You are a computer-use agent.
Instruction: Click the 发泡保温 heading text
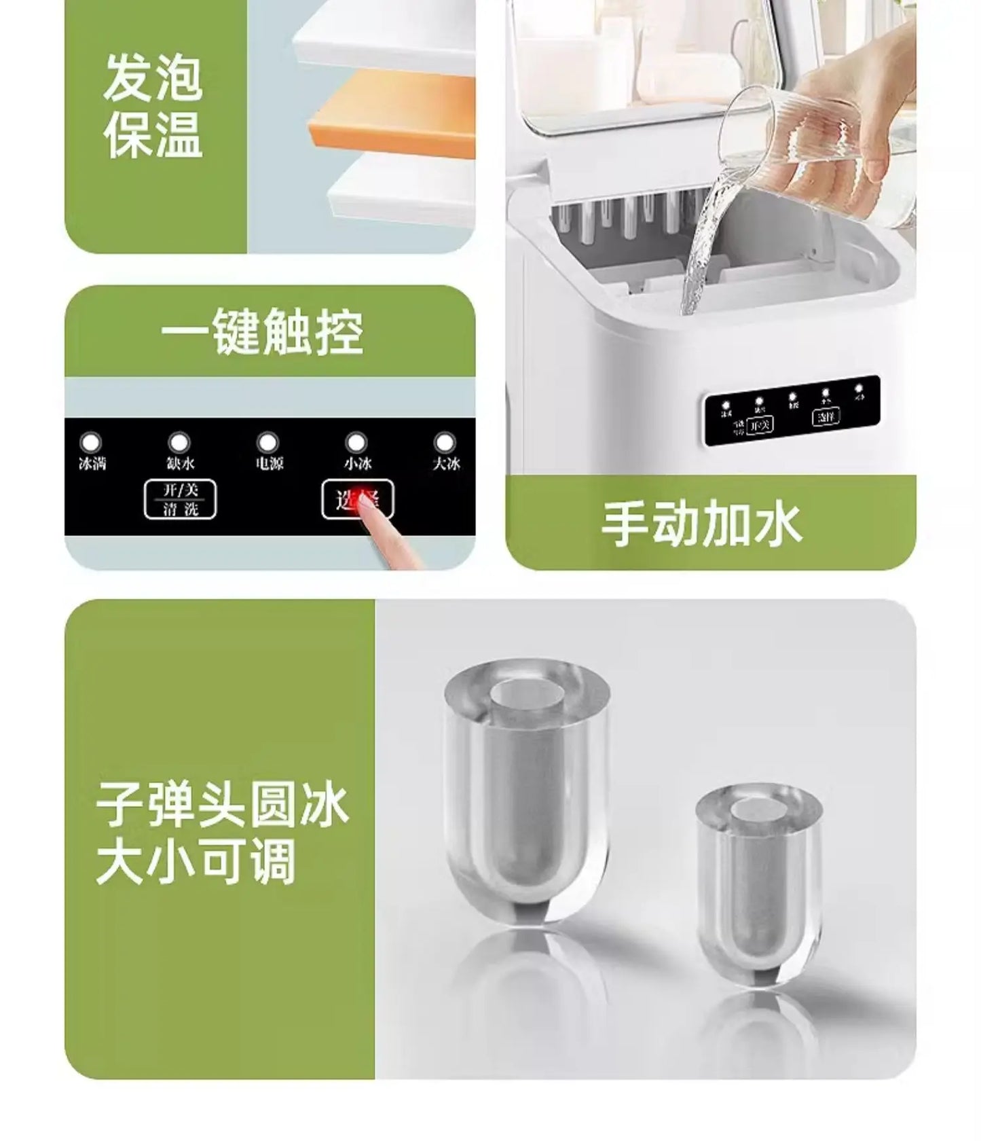pyautogui.click(x=153, y=107)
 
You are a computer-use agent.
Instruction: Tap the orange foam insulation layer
pyautogui.click(x=394, y=115)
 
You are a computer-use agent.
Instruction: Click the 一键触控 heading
pyautogui.click(x=262, y=332)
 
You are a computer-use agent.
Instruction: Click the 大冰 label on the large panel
pyautogui.click(x=446, y=464)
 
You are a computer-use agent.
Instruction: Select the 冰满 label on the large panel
pyautogui.click(x=92, y=464)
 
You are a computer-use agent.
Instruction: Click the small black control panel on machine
pyautogui.click(x=792, y=411)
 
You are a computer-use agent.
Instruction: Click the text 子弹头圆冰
pyautogui.click(x=223, y=805)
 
